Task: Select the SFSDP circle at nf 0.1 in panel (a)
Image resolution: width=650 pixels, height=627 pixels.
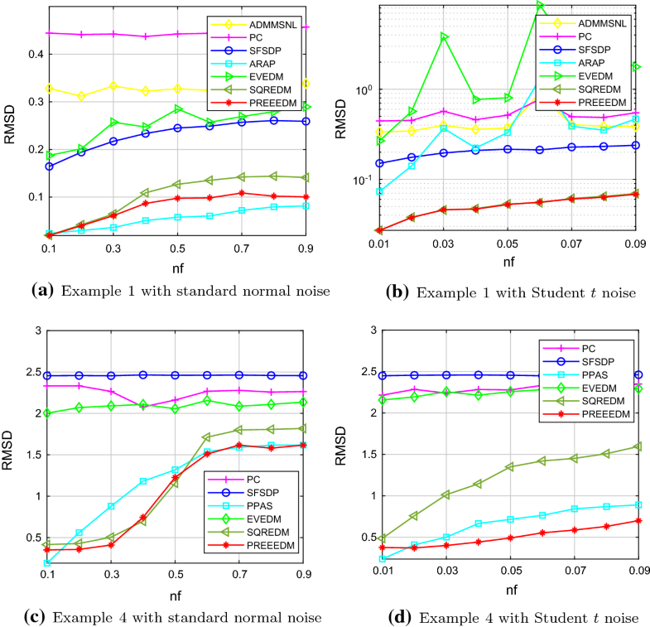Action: point(49,166)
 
